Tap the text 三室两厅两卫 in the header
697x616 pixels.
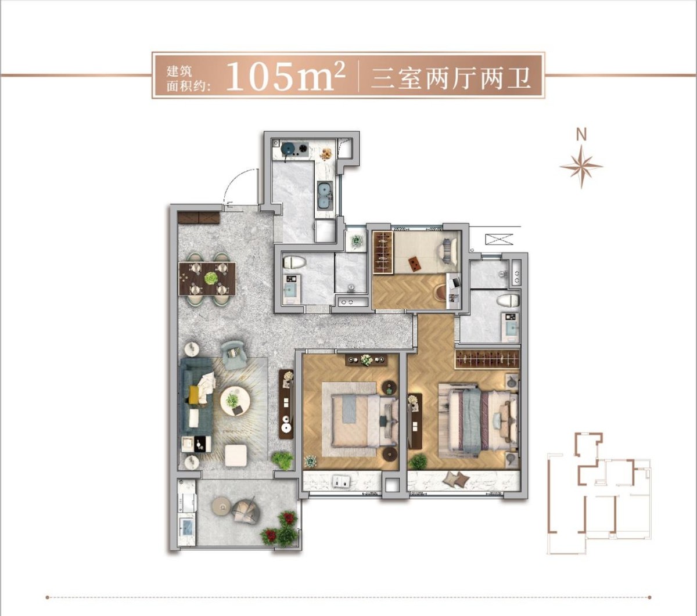click(x=451, y=77)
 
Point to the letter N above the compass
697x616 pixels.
click(x=581, y=135)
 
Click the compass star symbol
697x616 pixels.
click(x=581, y=167)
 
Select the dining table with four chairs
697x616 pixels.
click(x=207, y=279)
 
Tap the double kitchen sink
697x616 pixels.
click(x=325, y=196)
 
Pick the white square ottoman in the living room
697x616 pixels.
click(x=236, y=455)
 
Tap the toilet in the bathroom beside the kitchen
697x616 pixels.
click(x=294, y=262)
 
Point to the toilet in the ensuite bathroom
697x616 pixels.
click(x=508, y=301)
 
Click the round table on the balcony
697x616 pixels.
click(x=222, y=507)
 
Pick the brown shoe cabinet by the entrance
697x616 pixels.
click(x=199, y=218)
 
